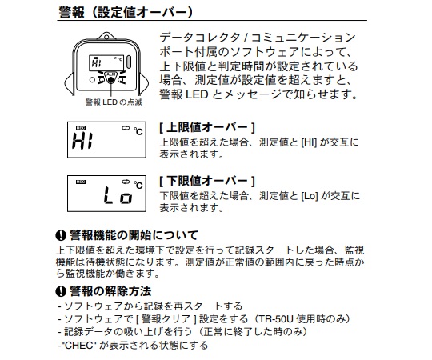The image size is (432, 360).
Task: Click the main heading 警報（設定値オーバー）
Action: (126, 12)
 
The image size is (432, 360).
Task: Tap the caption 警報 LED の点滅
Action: (114, 102)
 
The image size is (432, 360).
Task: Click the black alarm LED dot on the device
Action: (110, 80)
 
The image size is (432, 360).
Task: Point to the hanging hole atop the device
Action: (106, 37)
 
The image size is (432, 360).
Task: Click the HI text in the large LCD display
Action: (82, 141)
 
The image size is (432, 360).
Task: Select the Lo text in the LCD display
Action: (118, 195)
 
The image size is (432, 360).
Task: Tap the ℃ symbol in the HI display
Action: (138, 131)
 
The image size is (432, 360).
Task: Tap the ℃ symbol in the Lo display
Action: (138, 185)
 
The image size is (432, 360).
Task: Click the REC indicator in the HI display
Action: (81, 128)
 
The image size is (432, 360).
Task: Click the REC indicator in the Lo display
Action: (81, 182)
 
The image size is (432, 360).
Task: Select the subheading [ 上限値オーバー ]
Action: (207, 127)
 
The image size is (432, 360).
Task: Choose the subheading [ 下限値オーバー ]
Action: (207, 182)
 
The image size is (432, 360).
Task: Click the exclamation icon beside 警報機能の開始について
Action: (61, 235)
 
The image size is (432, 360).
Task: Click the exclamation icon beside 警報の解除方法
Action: (61, 291)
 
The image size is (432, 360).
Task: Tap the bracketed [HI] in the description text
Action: (309, 142)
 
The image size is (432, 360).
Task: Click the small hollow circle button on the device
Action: (92, 80)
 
